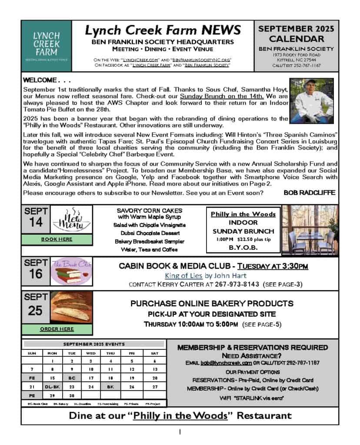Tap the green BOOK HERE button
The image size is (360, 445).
pos(57,239)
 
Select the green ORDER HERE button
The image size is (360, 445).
pos(57,329)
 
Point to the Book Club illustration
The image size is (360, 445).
pos(72,273)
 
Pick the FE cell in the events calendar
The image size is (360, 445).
pos(32,378)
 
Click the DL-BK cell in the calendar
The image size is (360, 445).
pos(52,387)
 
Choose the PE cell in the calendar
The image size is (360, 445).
pos(32,396)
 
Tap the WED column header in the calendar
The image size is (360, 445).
pos(91,353)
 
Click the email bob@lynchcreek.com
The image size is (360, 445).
pos(226,363)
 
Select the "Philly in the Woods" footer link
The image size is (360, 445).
pos(180,415)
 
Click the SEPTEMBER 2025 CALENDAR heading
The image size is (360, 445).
pos(296,34)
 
